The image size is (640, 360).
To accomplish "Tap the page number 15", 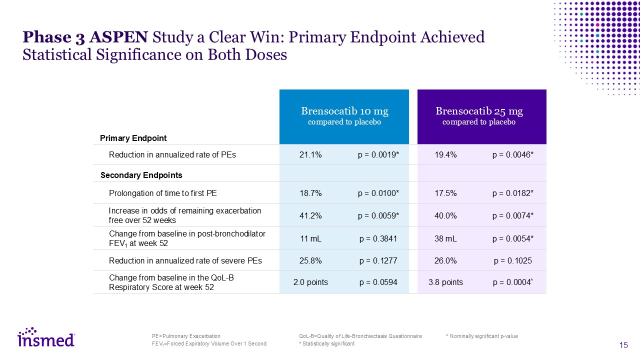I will tap(623, 345).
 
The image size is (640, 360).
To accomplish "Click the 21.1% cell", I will tap(310, 155).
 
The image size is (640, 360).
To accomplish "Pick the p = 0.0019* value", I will tap(378, 155).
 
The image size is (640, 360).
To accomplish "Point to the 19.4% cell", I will tap(445, 155).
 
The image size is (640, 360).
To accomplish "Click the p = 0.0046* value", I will tap(513, 155).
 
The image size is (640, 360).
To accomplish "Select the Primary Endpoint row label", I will tap(133, 138).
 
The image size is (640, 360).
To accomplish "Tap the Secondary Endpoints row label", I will tap(141, 175).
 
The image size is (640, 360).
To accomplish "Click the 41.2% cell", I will tap(310, 215).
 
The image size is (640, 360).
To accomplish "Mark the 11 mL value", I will tap(310, 239).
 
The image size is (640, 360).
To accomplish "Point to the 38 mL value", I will tap(445, 239).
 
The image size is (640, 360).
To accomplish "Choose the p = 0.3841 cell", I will tap(378, 239).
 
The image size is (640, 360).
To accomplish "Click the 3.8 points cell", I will tap(445, 282).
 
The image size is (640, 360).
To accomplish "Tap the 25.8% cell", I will tap(310, 260).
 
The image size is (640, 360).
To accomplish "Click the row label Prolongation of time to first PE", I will tap(163, 193).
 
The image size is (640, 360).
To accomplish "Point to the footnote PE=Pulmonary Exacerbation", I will tap(186, 336).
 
